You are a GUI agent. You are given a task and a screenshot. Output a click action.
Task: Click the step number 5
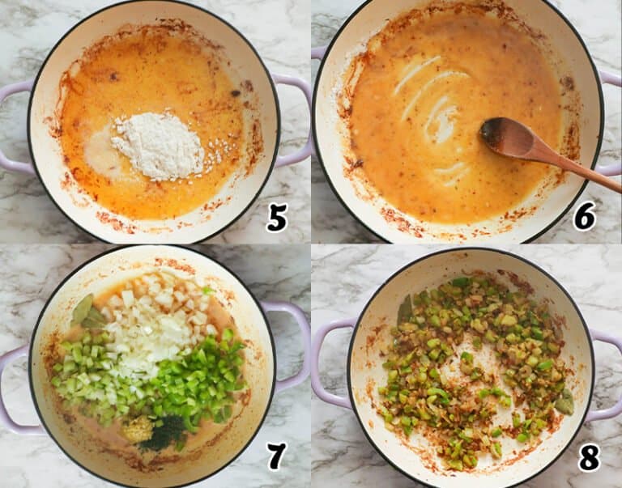tap(277, 218)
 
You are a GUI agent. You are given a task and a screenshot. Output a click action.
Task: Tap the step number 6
tap(585, 216)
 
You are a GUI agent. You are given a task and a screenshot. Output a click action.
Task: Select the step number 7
tap(277, 456)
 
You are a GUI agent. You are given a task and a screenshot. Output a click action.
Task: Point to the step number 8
tap(589, 457)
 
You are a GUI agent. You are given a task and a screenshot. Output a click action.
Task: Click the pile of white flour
tap(159, 145)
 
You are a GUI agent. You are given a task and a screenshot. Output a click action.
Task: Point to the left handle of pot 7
tap(15, 388)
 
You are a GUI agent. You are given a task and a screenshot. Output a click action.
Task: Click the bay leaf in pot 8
tap(564, 401)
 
